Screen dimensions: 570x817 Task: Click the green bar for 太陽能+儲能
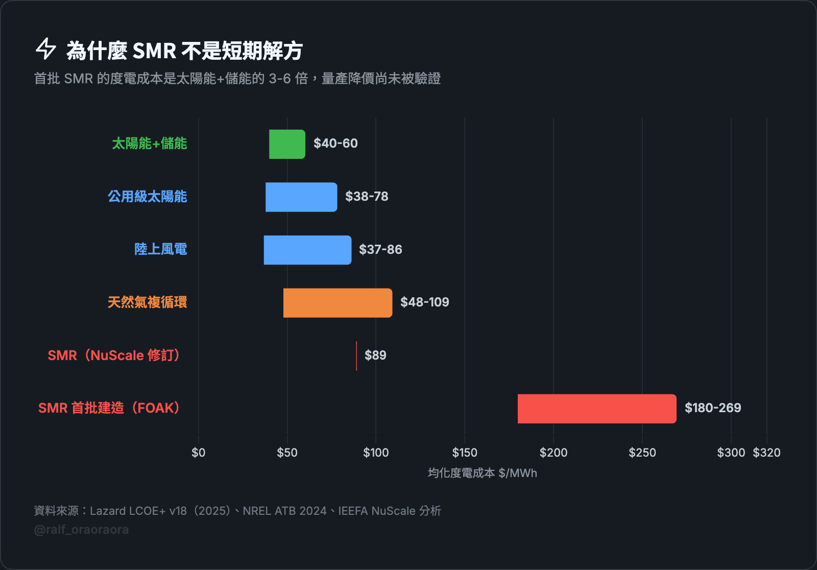pos(287,144)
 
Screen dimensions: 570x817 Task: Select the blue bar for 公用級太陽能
pos(301,197)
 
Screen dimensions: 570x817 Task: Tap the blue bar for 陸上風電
pos(307,250)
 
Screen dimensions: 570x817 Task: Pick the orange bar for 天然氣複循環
pos(338,303)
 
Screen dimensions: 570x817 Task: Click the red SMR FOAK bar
pos(596,409)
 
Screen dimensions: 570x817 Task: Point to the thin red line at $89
pos(356,356)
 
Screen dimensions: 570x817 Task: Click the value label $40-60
pos(335,144)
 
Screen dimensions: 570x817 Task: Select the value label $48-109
pos(424,302)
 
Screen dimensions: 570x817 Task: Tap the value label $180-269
pos(712,408)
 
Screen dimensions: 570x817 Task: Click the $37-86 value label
pos(380,250)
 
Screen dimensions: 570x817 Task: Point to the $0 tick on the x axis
pos(199,453)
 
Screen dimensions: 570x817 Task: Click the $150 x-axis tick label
pos(465,453)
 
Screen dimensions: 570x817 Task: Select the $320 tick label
pos(766,453)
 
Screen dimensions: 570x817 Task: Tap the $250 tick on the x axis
pos(642,453)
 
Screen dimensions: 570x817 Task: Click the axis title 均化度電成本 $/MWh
pos(482,473)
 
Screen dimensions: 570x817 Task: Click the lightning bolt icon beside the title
pos(45,49)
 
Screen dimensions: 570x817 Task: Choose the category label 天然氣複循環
pos(147,302)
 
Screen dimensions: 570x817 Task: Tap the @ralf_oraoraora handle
pos(81,530)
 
